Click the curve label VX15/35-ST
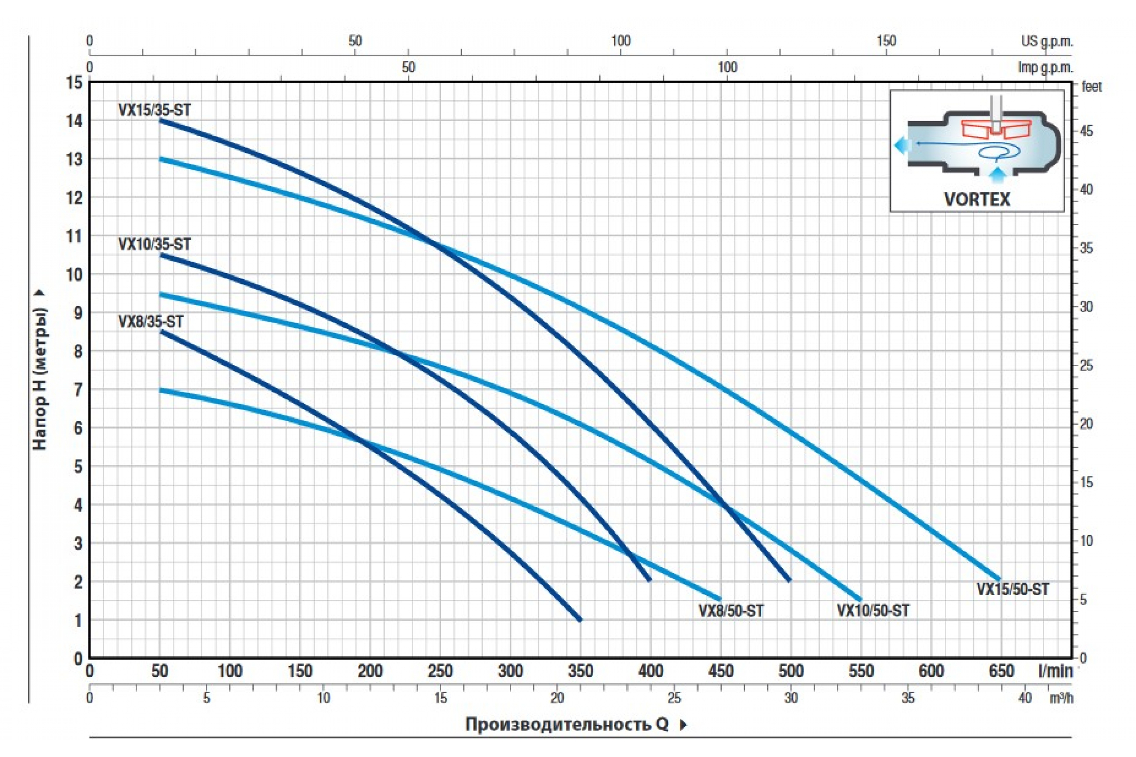tap(155, 110)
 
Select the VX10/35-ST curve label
tap(155, 244)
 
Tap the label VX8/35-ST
tap(151, 322)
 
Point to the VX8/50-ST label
tap(731, 611)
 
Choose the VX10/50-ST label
tap(873, 611)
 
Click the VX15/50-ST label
tap(1013, 590)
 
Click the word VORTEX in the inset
tap(976, 199)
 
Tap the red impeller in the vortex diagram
tap(996, 129)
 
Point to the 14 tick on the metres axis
tap(74, 121)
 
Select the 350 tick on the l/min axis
tap(581, 671)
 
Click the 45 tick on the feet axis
tap(1086, 132)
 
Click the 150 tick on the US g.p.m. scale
tap(886, 41)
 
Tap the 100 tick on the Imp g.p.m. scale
tap(728, 67)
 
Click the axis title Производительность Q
tap(567, 724)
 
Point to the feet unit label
tap(1092, 87)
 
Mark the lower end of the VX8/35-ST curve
tap(580, 619)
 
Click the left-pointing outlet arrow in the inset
tap(901, 144)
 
